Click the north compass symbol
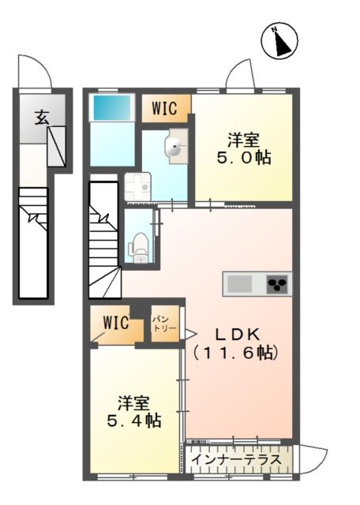click(279, 40)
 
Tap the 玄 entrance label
click(42, 117)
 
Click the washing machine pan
click(138, 186)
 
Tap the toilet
click(139, 247)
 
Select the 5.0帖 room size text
click(244, 158)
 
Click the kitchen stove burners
click(278, 284)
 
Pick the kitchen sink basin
click(239, 284)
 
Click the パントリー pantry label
click(164, 324)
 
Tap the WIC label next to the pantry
click(116, 323)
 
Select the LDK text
click(237, 335)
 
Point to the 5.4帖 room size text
click(134, 421)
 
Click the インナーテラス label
click(236, 459)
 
